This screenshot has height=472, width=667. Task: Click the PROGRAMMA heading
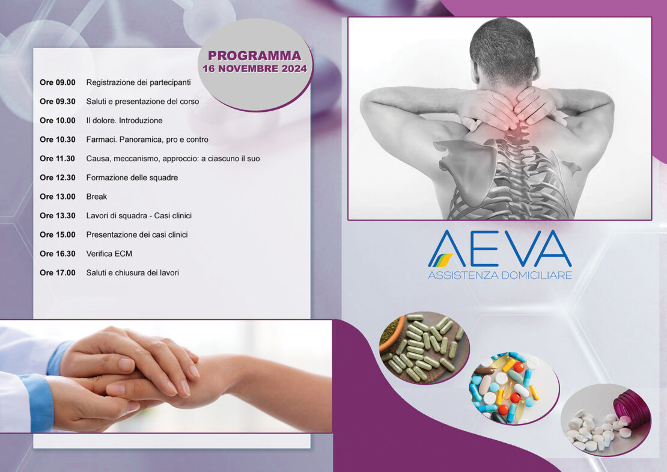click(x=254, y=56)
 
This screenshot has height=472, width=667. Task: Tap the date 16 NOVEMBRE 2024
click(x=254, y=69)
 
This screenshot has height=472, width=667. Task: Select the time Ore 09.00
click(x=58, y=82)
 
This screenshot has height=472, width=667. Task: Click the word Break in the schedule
click(x=97, y=197)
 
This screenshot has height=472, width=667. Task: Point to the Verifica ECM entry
click(x=109, y=254)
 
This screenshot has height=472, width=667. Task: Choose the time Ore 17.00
click(x=58, y=273)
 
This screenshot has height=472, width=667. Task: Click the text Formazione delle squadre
click(x=132, y=177)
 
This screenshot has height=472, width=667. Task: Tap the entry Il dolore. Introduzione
click(x=124, y=120)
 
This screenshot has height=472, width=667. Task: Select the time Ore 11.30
click(x=58, y=159)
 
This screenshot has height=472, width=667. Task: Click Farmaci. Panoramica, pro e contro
click(x=147, y=139)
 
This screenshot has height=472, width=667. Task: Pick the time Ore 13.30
click(x=58, y=216)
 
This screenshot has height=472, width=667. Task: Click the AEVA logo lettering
click(x=500, y=248)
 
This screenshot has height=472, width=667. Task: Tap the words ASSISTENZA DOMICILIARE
click(x=500, y=275)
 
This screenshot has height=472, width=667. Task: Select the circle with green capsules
click(x=424, y=348)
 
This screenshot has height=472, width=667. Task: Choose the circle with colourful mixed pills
click(x=514, y=388)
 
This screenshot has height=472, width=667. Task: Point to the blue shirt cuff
click(x=38, y=402)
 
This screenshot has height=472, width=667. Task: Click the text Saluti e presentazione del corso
click(x=142, y=102)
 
